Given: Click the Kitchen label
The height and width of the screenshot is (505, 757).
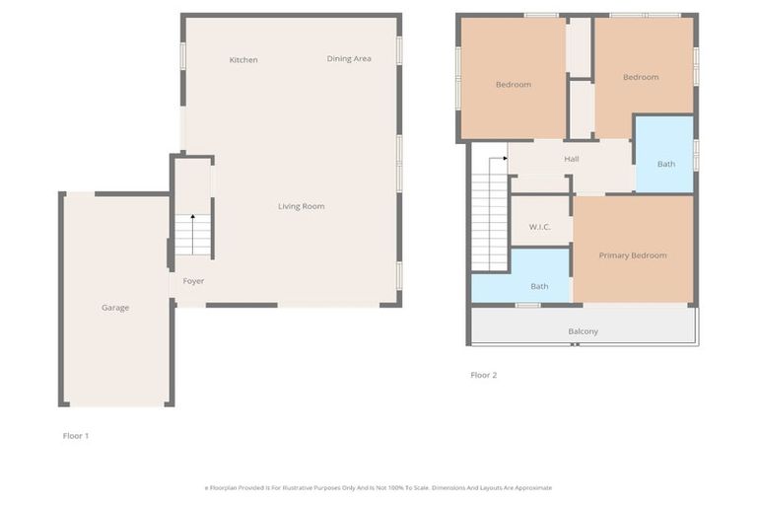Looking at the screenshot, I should [243, 60].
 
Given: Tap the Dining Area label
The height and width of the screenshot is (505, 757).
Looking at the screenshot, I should [349, 59].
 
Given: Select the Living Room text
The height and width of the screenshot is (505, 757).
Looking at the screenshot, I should [301, 206].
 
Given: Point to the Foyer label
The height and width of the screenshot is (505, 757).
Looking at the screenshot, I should [193, 281].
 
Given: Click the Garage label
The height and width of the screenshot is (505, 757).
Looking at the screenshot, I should [115, 308].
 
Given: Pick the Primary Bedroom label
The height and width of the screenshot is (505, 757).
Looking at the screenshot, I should [633, 255].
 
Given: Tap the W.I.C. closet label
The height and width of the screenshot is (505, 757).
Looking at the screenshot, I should [539, 227].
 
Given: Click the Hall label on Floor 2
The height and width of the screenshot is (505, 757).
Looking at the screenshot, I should [572, 159].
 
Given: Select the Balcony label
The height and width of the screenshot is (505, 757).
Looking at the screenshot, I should [583, 331].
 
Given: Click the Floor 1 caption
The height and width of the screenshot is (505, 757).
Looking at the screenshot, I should [75, 435].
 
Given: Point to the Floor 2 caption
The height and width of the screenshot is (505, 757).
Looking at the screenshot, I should [483, 375].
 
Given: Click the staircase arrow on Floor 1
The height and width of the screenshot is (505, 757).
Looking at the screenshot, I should [192, 217].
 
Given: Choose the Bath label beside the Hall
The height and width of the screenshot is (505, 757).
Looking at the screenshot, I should [666, 164].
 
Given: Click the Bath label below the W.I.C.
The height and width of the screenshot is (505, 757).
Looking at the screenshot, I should [539, 287].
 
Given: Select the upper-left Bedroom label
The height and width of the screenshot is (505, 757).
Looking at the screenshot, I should [513, 85].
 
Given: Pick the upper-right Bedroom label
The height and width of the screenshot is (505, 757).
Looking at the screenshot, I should [641, 77].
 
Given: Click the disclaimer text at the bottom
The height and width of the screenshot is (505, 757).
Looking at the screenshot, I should [378, 487].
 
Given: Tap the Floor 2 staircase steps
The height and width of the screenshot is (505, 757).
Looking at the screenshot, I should [489, 217].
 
